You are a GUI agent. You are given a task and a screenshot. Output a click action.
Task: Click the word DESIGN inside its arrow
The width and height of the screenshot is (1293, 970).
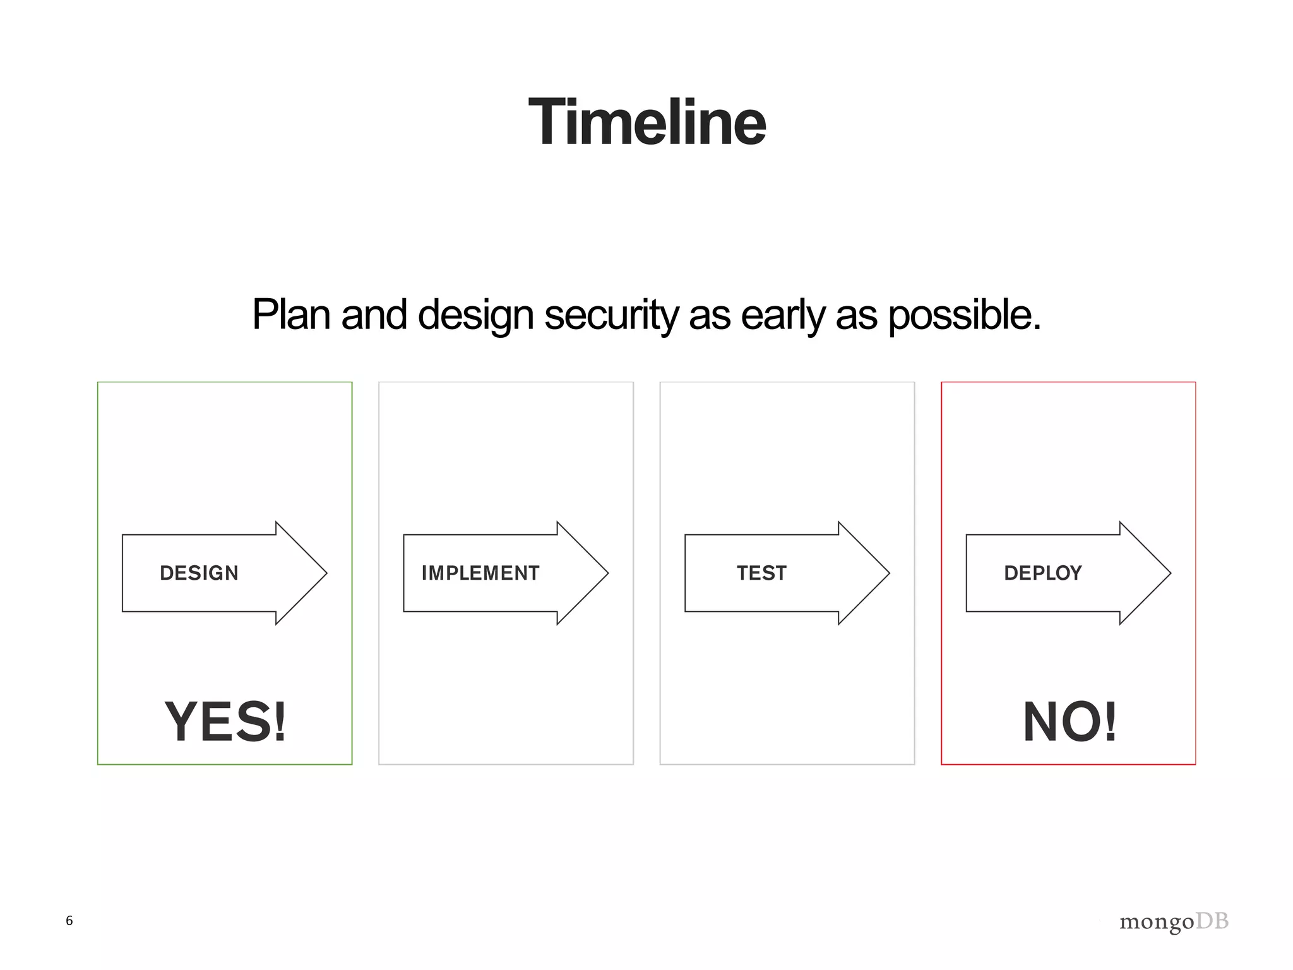pos(199,573)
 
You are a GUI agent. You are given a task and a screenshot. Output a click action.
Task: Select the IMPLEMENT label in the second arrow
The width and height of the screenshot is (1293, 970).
pos(480,573)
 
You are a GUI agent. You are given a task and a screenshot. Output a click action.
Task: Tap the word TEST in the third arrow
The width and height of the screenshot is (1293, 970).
pos(761,573)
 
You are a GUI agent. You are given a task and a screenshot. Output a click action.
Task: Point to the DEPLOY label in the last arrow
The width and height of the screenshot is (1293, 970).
pos(1042,573)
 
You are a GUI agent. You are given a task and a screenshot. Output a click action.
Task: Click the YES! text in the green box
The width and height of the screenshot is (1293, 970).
pos(225,722)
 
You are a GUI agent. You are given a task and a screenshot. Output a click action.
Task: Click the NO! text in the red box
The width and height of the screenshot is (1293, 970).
pos(1070,722)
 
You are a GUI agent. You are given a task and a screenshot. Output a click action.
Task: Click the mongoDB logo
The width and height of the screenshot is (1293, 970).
pos(1174,922)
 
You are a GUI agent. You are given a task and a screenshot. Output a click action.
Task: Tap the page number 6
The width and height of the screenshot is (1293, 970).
pos(69,921)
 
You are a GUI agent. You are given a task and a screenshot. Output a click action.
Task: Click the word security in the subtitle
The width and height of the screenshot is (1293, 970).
pos(611,314)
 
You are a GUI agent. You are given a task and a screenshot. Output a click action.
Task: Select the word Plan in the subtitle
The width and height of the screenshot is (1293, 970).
pos(291,314)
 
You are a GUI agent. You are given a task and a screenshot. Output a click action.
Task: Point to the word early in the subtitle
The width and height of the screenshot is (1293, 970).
pos(782,314)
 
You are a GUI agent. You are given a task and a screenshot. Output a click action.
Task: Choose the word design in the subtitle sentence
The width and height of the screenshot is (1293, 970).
pos(475,314)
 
